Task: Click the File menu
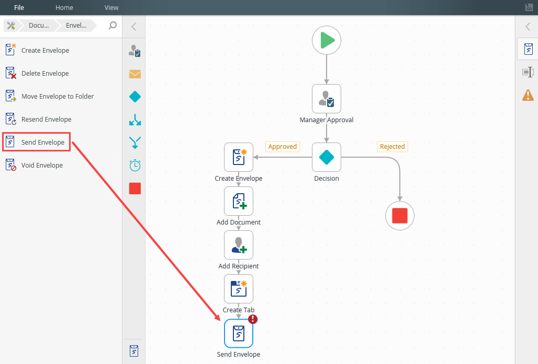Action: click(19, 7)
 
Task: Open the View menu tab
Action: click(111, 7)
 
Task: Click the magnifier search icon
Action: click(113, 26)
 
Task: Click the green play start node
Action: click(326, 40)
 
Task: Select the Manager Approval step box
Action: click(326, 99)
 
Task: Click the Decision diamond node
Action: click(326, 157)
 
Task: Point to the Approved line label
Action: click(283, 147)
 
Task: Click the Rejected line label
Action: click(392, 147)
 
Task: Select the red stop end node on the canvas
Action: click(400, 216)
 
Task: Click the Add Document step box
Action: click(239, 201)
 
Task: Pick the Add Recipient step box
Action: click(239, 245)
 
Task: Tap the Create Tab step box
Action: click(239, 289)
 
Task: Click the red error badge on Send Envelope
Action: click(253, 319)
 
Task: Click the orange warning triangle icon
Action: click(528, 95)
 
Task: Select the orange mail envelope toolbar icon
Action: click(135, 74)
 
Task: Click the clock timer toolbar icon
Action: click(135, 166)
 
